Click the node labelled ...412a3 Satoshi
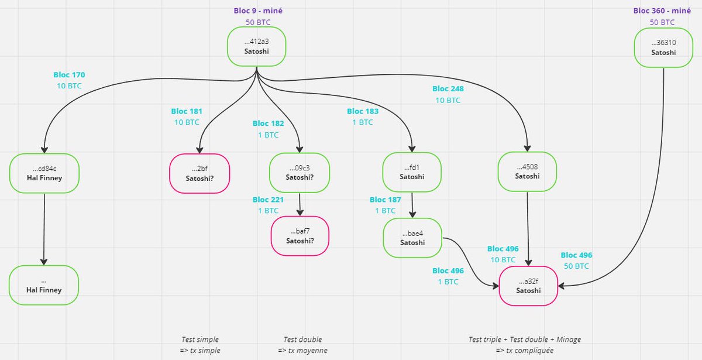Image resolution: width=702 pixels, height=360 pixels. (256, 46)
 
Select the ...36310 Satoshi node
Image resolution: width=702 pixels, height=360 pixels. (663, 47)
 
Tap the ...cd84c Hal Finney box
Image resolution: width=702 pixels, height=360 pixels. (44, 173)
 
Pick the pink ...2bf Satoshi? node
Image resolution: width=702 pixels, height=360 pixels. (199, 173)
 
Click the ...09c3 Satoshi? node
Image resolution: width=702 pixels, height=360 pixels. (300, 173)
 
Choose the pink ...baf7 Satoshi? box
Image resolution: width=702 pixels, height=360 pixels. (300, 236)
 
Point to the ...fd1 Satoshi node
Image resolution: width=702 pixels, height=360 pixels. (412, 172)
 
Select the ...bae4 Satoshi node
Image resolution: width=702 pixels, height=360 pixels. (412, 238)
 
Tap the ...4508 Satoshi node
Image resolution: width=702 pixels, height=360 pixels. (527, 172)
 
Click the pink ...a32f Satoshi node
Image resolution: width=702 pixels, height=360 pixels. (528, 286)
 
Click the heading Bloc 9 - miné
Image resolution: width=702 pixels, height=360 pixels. (258, 11)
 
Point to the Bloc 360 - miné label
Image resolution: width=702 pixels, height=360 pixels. (662, 11)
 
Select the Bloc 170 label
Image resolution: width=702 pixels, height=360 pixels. (69, 75)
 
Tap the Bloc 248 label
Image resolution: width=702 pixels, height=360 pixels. (448, 89)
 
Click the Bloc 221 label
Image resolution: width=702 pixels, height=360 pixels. (268, 200)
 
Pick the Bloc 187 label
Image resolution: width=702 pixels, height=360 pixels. (385, 200)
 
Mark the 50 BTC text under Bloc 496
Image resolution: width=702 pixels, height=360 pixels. (576, 266)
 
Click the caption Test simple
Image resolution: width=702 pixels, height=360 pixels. (200, 340)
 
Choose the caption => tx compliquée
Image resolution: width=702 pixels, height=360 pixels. (525, 350)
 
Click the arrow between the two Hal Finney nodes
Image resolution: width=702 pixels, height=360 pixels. (44, 229)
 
